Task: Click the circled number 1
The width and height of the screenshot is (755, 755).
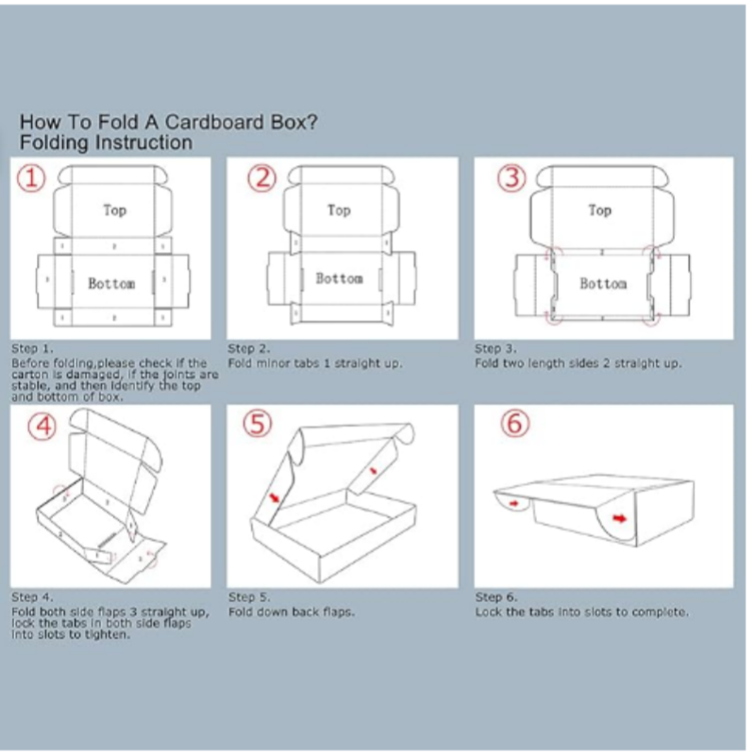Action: [34, 178]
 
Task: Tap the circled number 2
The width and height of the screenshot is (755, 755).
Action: [263, 177]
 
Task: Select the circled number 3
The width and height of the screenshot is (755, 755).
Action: [512, 178]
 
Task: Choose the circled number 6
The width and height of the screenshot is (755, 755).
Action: [514, 426]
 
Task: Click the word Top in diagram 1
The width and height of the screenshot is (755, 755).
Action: [115, 210]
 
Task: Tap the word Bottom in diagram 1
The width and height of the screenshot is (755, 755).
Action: [111, 282]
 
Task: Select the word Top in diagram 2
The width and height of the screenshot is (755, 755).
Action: [339, 210]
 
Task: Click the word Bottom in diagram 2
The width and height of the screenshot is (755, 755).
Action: [338, 278]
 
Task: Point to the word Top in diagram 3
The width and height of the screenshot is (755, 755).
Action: [599, 210]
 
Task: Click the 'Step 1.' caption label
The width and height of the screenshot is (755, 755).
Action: [30, 348]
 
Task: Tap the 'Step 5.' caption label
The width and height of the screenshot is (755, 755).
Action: [249, 597]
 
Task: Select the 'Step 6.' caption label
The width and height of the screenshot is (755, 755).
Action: [495, 597]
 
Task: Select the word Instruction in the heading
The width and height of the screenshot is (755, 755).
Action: [141, 143]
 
